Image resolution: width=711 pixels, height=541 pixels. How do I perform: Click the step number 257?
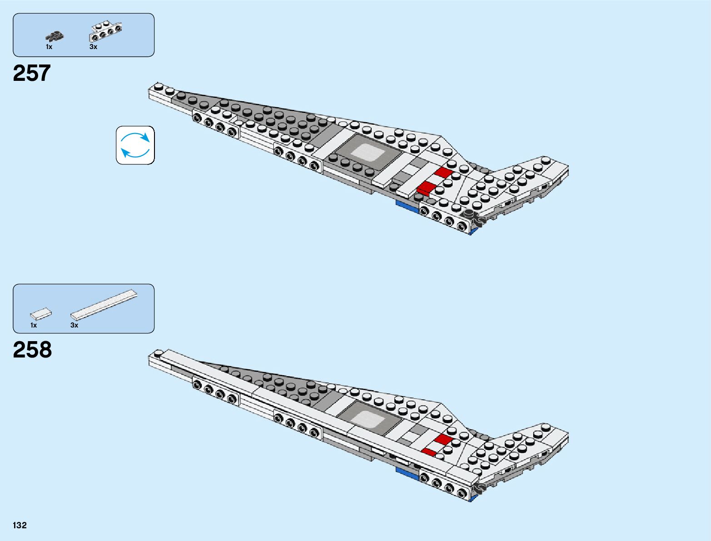[32, 74]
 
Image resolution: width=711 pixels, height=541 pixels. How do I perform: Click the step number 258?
[32, 350]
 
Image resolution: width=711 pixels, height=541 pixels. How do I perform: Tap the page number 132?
[20, 526]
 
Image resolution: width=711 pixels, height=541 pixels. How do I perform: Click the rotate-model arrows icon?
[135, 145]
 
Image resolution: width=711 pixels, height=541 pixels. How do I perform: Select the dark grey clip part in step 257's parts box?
[55, 35]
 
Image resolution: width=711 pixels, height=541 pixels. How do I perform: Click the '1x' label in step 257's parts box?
[49, 47]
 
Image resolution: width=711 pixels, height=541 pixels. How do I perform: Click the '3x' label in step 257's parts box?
[93, 47]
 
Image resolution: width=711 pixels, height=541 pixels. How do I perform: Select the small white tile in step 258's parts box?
[41, 313]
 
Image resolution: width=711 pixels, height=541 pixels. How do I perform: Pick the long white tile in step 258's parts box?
[104, 304]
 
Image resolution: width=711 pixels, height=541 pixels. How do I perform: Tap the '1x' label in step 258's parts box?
[34, 325]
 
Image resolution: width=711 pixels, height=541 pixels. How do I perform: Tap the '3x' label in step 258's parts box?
[74, 325]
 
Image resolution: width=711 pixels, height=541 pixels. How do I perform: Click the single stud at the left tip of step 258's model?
[158, 353]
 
